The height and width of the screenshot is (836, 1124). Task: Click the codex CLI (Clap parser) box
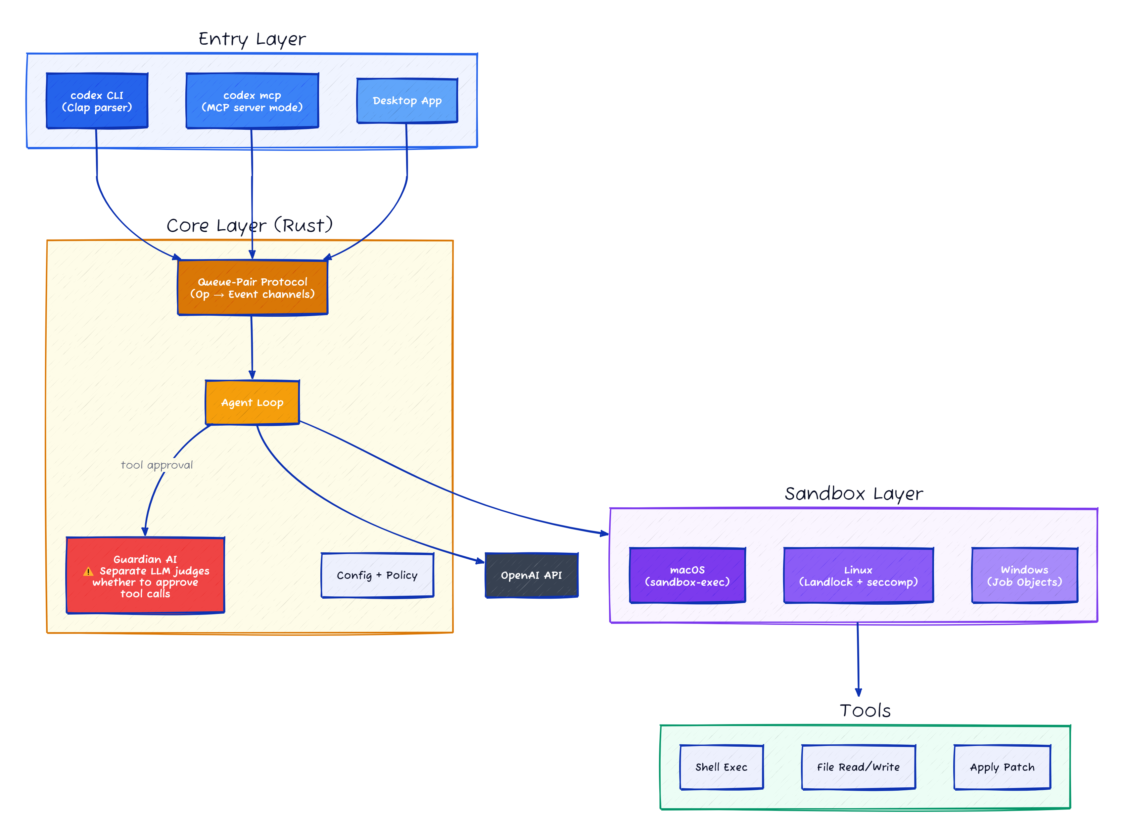[x=97, y=101]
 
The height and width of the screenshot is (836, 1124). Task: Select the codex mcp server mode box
[x=252, y=101]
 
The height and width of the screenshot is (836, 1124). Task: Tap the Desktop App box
[x=407, y=101]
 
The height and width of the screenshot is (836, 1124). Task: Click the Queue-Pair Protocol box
[x=252, y=288]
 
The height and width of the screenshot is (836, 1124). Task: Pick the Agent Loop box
[x=252, y=402]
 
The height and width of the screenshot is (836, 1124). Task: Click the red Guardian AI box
[x=145, y=576]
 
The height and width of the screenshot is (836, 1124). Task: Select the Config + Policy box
[x=377, y=576]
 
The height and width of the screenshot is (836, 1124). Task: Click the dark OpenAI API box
[x=531, y=576]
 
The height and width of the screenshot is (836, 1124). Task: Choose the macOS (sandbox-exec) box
[x=687, y=576]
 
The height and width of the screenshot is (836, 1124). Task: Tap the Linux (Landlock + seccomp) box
[x=858, y=576]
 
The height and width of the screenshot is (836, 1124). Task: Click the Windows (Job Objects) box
[x=1024, y=576]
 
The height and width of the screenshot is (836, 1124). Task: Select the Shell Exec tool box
[x=721, y=767]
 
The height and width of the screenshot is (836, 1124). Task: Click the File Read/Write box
[x=858, y=767]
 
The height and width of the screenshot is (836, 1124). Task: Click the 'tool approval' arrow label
[x=156, y=465]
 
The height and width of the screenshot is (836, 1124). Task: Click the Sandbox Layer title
[x=853, y=493]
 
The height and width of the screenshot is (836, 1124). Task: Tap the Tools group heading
[x=865, y=711]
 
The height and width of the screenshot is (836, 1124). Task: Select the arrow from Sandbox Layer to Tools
[x=858, y=658]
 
